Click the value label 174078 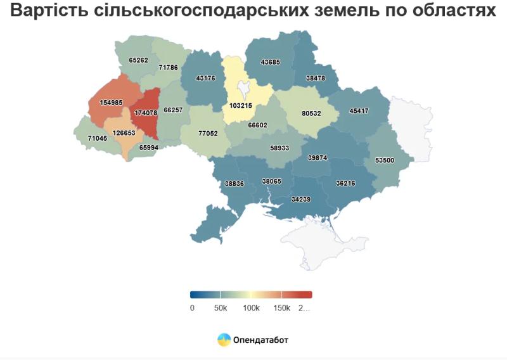[146, 113]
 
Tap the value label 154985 [111, 103]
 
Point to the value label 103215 [241, 105]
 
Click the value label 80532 [311, 114]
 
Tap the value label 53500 [385, 160]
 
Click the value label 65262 [138, 60]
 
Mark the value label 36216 [345, 183]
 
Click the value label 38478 [316, 78]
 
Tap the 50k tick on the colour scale [220, 308]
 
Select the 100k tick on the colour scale [251, 308]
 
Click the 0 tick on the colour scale [192, 308]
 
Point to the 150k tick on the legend [281, 308]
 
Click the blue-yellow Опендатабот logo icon [224, 340]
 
